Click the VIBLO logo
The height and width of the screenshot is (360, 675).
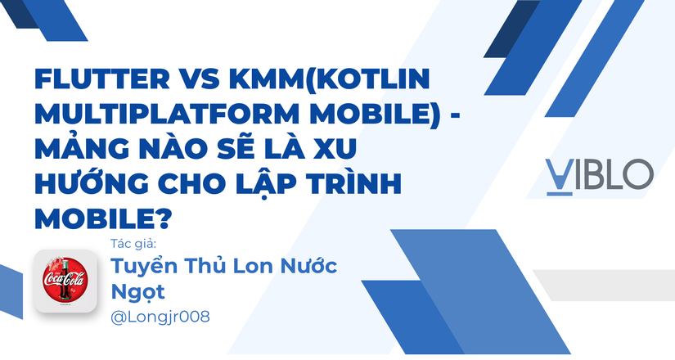coord(600,173)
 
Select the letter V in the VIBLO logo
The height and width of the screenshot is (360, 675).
coord(559,173)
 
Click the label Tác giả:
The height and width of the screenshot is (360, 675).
coord(132,244)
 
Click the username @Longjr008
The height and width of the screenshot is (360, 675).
coord(159,317)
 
